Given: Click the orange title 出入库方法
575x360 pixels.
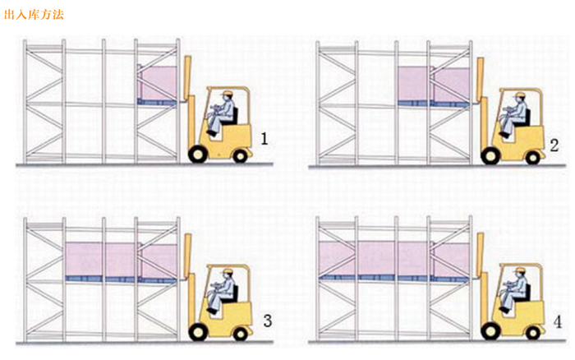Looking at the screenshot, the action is click(34, 14).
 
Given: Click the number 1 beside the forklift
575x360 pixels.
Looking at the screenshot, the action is click(264, 139).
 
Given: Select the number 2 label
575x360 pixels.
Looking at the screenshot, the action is click(554, 145).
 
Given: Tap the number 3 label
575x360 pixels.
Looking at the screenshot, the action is click(268, 321).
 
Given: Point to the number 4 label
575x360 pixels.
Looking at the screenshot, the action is click(558, 322).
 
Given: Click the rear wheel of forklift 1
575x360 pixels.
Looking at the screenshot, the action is click(240, 157).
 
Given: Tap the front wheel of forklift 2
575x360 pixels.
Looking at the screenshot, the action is click(490, 155).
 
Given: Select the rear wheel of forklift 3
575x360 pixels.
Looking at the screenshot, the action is click(240, 334).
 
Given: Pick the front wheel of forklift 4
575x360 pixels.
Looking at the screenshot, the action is click(490, 332).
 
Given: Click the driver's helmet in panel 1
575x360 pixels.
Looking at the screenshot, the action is click(228, 93).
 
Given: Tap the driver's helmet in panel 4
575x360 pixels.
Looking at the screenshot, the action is click(519, 270).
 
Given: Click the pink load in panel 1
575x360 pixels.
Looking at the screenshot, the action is click(158, 82).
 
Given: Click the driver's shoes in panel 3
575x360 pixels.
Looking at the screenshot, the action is click(212, 312).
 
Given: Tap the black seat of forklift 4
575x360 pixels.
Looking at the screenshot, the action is click(527, 293).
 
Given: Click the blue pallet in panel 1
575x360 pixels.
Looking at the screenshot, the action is click(157, 102).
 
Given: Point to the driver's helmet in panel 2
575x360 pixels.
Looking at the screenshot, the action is click(519, 95).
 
